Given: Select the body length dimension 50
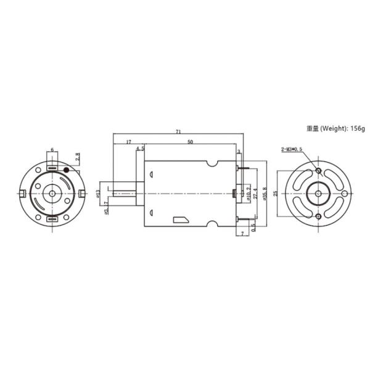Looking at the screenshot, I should point(191,142).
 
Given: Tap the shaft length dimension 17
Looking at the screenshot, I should point(128,142).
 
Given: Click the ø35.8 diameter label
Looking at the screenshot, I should point(265,193).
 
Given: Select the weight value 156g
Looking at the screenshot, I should point(358,129).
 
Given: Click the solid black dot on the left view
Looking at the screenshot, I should point(67,168).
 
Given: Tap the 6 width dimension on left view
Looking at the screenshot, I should point(52,150).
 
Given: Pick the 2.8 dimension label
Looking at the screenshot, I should point(77,158).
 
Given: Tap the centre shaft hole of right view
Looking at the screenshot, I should point(318,194).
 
